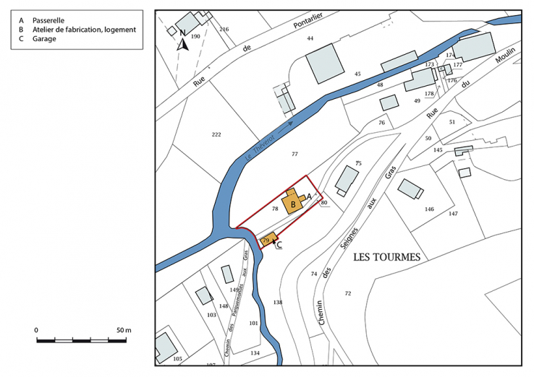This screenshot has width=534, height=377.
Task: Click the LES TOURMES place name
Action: pos(386,256)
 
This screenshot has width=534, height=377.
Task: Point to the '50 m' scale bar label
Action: pos(123,329)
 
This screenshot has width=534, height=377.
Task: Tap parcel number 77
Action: pos(294,155)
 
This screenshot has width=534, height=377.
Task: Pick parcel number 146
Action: pos(429,209)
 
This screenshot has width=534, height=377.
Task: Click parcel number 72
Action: pos(347,293)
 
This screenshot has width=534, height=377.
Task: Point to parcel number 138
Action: pos(278,301)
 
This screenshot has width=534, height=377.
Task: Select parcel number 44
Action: pos(310,38)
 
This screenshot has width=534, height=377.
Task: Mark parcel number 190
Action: pos(195,26)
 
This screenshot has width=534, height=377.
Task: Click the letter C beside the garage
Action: pos(279,245)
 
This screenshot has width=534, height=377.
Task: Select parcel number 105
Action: pos(177,359)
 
